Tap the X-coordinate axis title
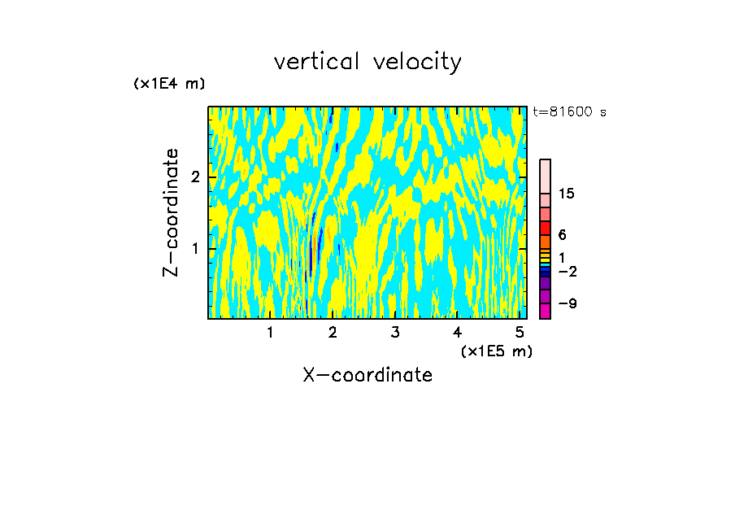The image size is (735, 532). pyautogui.click(x=367, y=375)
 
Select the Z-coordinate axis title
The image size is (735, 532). pyautogui.click(x=171, y=212)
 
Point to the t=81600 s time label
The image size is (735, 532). pyautogui.click(x=569, y=112)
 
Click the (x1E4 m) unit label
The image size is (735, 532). pyautogui.click(x=169, y=84)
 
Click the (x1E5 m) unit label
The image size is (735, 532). pyautogui.click(x=496, y=351)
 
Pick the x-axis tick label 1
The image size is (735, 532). pyautogui.click(x=270, y=332)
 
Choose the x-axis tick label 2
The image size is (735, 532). pyautogui.click(x=333, y=332)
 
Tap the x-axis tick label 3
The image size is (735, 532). pyautogui.click(x=394, y=332)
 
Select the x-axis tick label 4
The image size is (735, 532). pyautogui.click(x=457, y=332)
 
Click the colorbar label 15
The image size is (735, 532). pyautogui.click(x=567, y=194)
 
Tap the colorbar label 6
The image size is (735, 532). pyautogui.click(x=562, y=235)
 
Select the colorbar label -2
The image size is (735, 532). pyautogui.click(x=567, y=271)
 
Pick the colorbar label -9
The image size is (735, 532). pyautogui.click(x=567, y=303)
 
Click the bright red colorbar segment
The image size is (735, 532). pyautogui.click(x=545, y=228)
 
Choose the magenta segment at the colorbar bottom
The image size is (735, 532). pyautogui.click(x=545, y=311)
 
